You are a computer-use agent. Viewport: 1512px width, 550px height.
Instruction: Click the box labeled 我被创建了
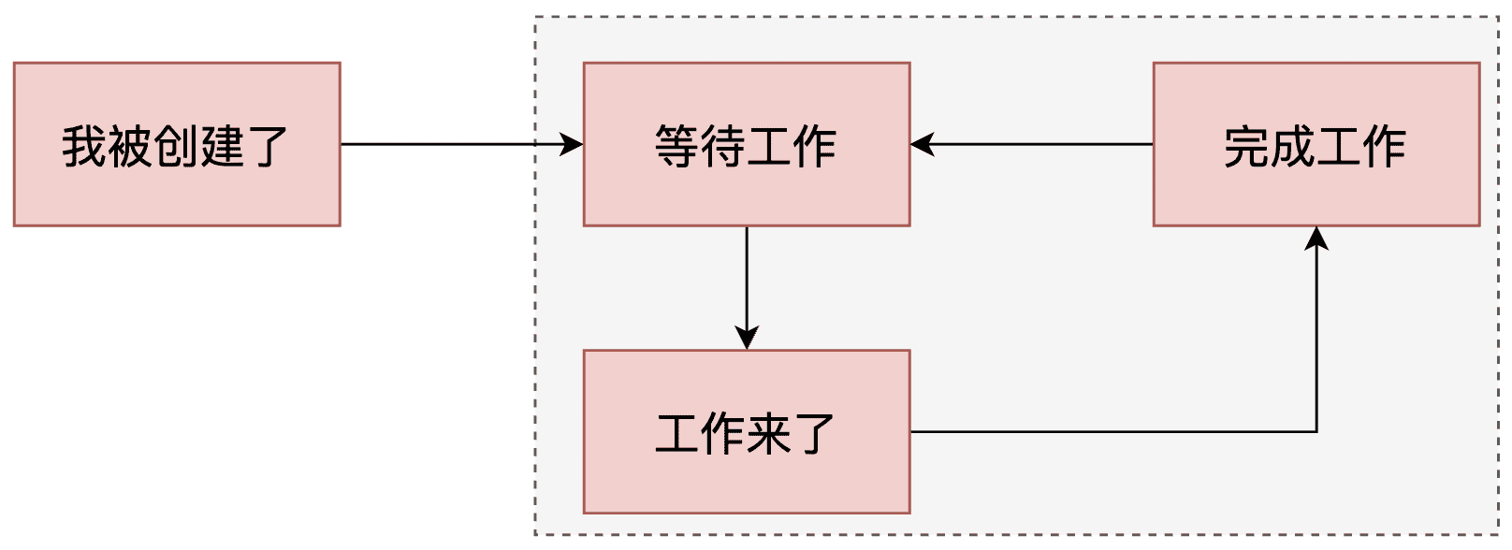(177, 144)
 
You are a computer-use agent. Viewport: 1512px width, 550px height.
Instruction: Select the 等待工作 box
(747, 144)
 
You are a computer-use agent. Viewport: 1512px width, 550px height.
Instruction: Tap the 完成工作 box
(1316, 144)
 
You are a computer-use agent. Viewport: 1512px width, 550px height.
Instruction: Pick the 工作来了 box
(747, 432)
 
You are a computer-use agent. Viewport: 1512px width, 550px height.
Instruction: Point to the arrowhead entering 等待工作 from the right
(923, 144)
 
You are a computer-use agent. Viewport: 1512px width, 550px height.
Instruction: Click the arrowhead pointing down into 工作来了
(747, 338)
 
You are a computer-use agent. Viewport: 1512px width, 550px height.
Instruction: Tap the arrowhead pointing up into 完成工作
(1316, 239)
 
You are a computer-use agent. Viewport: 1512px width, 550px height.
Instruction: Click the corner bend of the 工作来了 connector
(1316, 432)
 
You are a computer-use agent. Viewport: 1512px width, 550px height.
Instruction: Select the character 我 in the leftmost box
(84, 146)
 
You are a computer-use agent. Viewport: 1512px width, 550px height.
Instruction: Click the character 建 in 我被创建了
(222, 146)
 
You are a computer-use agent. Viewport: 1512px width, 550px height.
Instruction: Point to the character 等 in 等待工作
(677, 146)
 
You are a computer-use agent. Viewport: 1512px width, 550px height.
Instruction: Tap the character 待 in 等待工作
(723, 146)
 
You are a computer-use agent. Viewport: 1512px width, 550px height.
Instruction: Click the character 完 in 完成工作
(1246, 146)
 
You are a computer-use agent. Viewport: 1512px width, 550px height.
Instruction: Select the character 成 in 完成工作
(1293, 146)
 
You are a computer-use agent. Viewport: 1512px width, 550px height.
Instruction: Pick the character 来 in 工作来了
(769, 433)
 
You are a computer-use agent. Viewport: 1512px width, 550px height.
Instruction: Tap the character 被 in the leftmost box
(130, 146)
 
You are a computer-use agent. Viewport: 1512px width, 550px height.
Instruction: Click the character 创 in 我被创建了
(176, 146)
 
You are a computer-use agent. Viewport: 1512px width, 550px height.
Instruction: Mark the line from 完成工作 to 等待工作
(1032, 144)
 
